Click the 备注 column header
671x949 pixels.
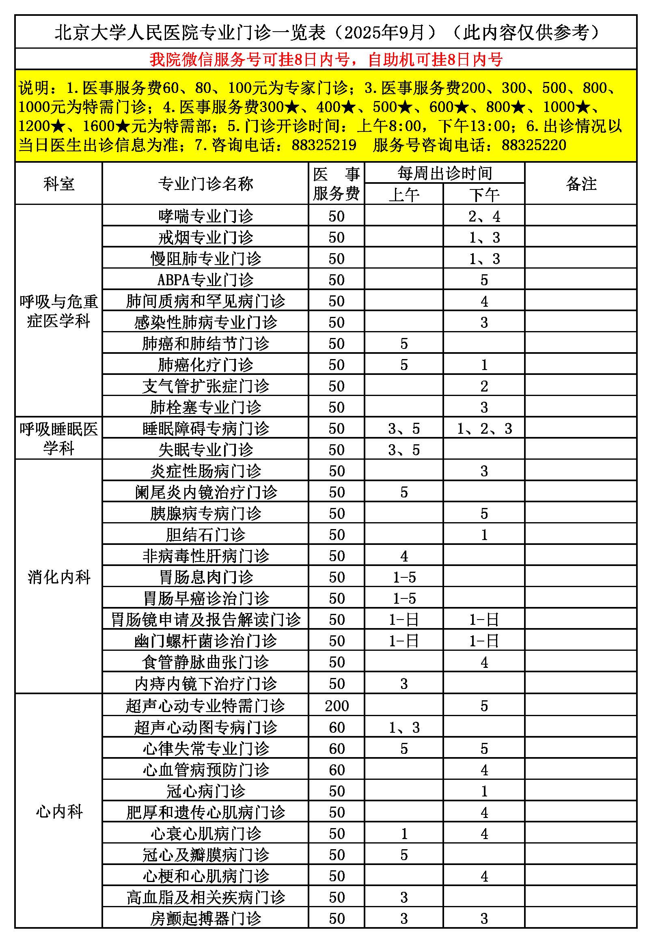click(x=581, y=183)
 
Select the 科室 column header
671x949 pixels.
click(x=59, y=183)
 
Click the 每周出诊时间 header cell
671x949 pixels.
click(x=445, y=173)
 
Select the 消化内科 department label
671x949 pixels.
click(x=59, y=577)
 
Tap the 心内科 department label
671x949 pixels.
click(x=59, y=812)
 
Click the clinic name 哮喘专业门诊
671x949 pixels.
click(x=205, y=216)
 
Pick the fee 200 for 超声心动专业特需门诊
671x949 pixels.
click(x=337, y=706)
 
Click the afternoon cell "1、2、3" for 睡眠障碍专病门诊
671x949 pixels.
click(x=484, y=428)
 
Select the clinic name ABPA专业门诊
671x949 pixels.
click(x=205, y=280)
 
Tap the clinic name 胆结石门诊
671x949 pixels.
click(x=205, y=535)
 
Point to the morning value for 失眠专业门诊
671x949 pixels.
click(x=404, y=450)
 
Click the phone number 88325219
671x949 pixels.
click(x=324, y=145)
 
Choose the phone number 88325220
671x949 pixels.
click(x=534, y=145)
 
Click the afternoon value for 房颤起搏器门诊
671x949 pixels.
click(x=484, y=919)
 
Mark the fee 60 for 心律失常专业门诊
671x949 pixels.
click(x=337, y=749)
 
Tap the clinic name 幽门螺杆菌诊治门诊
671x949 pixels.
click(x=205, y=641)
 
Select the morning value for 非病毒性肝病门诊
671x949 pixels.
click(x=404, y=556)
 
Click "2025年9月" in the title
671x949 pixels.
click(x=384, y=32)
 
